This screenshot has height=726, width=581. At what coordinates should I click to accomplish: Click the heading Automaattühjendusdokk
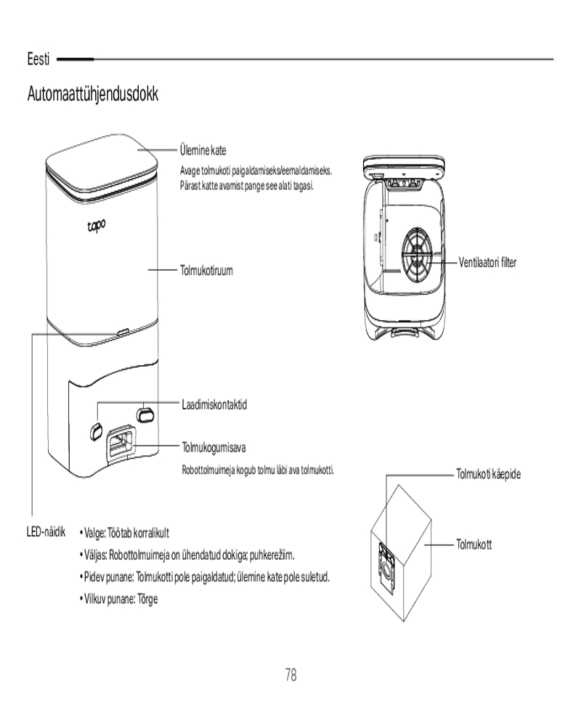pos(93,94)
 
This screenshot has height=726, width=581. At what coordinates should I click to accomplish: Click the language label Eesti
pos(38,59)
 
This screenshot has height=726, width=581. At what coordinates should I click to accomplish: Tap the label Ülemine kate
pos(203,151)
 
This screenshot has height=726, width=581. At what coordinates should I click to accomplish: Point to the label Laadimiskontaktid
pos(214,404)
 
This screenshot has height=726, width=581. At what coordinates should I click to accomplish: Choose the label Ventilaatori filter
pos(488,261)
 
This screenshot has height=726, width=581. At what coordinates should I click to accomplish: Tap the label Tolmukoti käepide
pos(488,474)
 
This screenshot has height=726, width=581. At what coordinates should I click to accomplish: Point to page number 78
pos(290,675)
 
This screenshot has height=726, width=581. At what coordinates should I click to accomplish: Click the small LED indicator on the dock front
pos(121,332)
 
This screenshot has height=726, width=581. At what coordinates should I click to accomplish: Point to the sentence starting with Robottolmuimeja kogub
pos(257,470)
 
